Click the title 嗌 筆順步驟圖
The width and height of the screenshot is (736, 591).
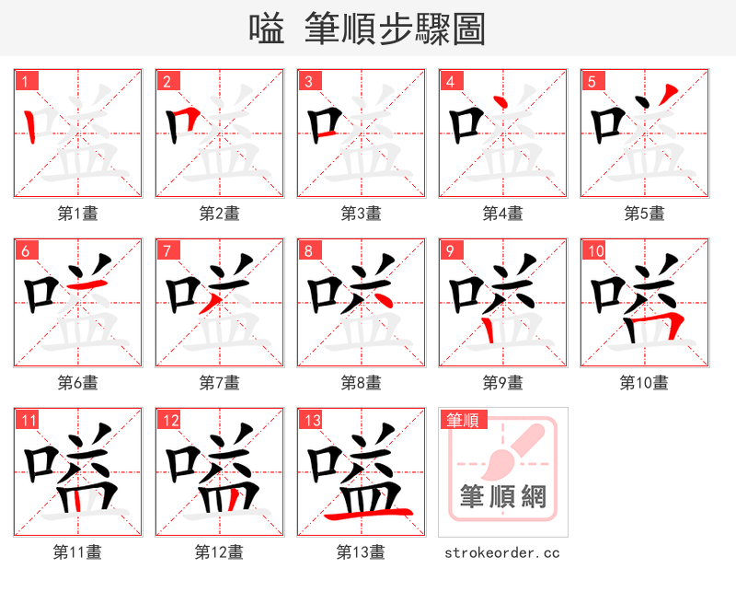coord(367,29)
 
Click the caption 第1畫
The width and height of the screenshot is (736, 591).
coord(78,214)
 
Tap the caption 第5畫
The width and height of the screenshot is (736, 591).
coord(644,214)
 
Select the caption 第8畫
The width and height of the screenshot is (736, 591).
coord(362,382)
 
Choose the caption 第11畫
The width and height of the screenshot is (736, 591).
coord(78,552)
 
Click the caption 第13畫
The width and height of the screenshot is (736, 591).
coord(362,552)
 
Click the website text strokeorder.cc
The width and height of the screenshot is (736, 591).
coord(502,553)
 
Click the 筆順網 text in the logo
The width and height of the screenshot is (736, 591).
coord(502,498)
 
